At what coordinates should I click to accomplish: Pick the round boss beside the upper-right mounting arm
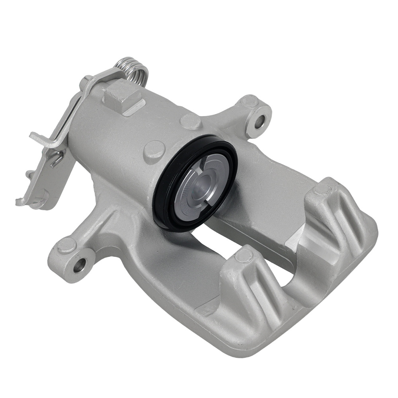tap(191, 121)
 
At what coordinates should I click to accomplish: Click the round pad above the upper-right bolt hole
tap(250, 101)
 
